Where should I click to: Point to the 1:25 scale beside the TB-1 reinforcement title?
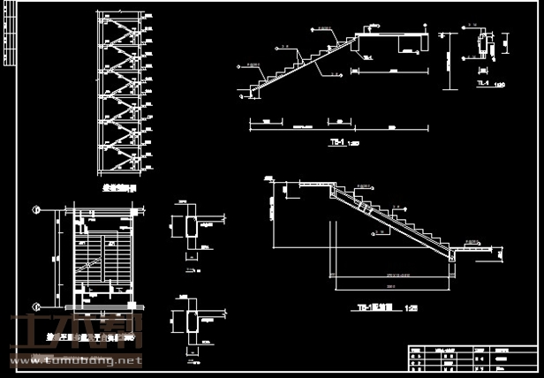tap(411, 308)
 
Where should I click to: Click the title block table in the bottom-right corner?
tap(472, 359)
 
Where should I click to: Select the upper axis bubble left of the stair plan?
tap(37, 209)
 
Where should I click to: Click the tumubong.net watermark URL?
tap(75, 360)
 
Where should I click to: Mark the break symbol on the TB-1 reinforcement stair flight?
tap(364, 208)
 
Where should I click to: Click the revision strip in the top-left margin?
tap(9, 35)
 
